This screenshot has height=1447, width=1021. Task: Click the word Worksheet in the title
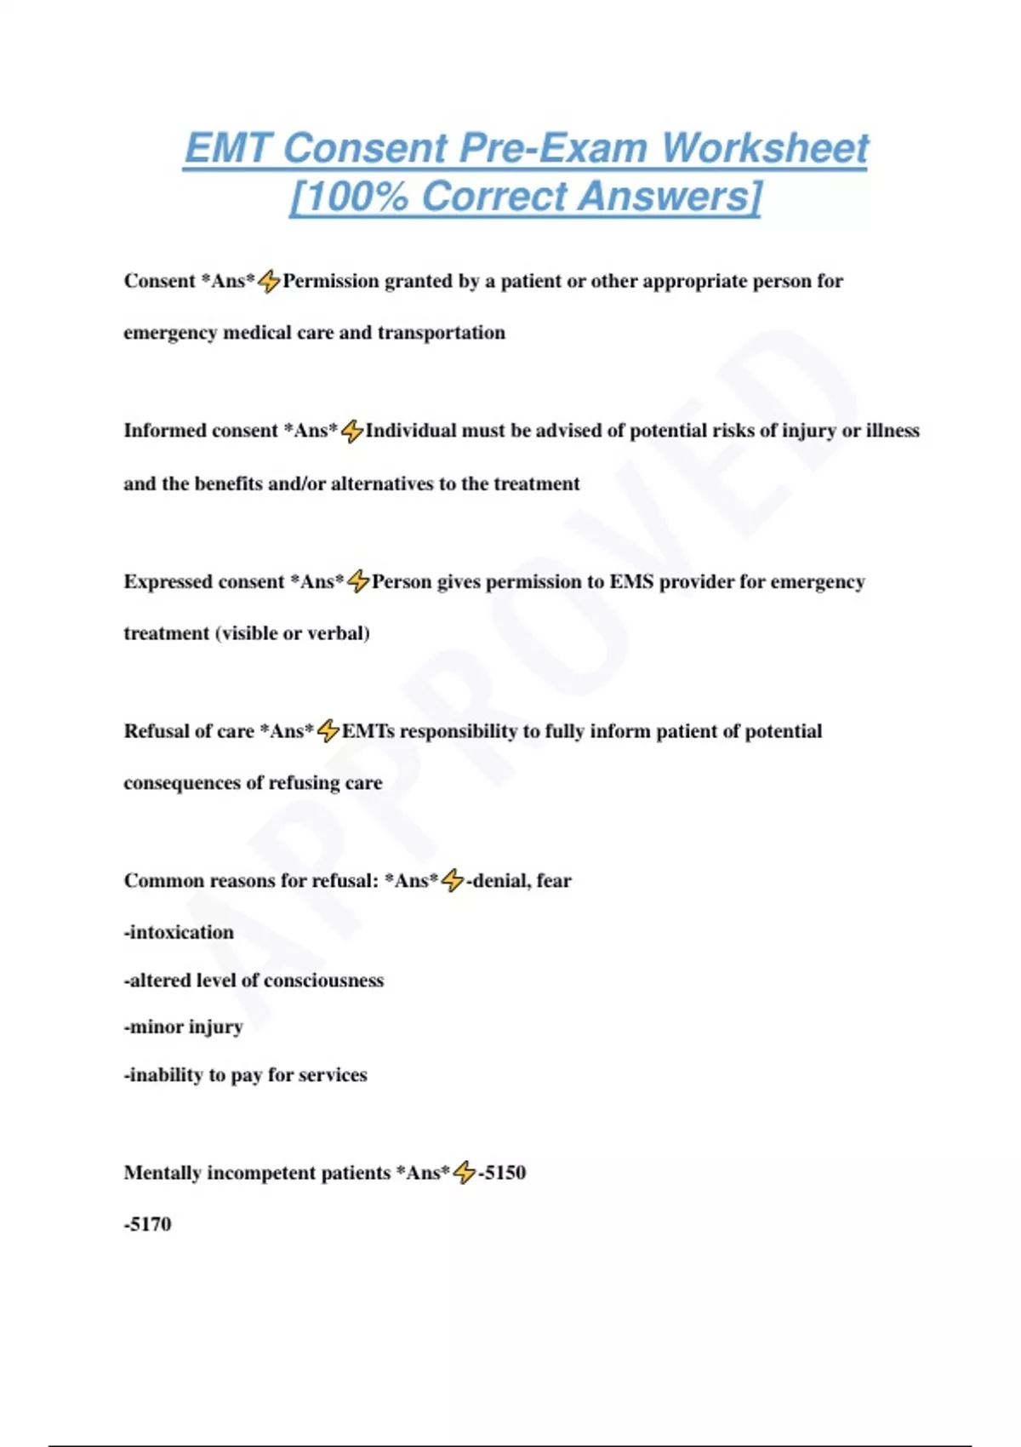pos(765,148)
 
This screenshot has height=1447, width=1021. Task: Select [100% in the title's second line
pos(350,197)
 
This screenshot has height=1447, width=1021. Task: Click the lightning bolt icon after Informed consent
pos(352,432)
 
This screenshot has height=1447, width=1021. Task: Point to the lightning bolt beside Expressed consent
pos(358,582)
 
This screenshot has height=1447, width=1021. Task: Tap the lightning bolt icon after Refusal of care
pos(328,731)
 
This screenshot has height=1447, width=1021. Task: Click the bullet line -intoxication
pos(179,933)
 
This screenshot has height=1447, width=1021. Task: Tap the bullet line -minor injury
pos(184,1027)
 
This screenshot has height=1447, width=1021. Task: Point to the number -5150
pos(502,1173)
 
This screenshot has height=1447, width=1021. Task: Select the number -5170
pos(148,1225)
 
